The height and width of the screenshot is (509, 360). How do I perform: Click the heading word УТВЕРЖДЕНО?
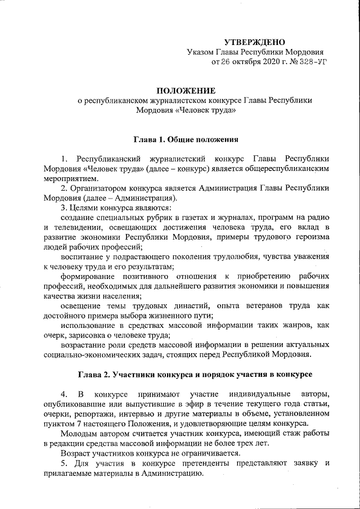[254, 42]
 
